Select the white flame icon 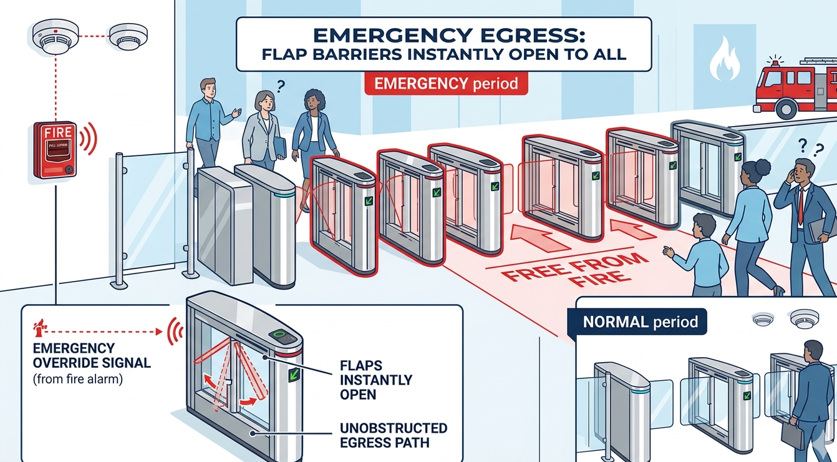pos(724,59)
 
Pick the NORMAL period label pos(641,323)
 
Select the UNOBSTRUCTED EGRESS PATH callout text pos(394,436)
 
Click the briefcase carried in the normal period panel pos(793,435)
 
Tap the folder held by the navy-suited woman pos(280,147)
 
